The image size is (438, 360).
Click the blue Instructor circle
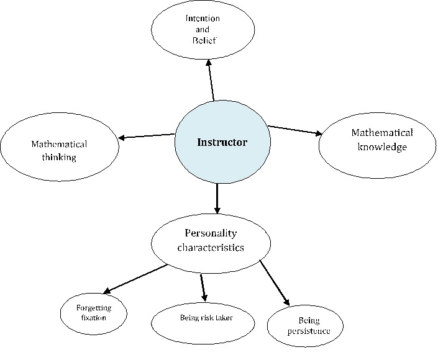pyautogui.click(x=222, y=143)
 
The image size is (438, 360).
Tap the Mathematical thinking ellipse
pyautogui.click(x=60, y=151)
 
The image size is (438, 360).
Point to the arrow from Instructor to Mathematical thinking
pyautogui.click(x=147, y=136)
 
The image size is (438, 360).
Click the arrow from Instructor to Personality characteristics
pyautogui.click(x=217, y=199)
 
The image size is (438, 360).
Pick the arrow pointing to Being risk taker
pyautogui.click(x=203, y=287)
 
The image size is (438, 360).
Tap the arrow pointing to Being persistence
pyautogui.click(x=275, y=283)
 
